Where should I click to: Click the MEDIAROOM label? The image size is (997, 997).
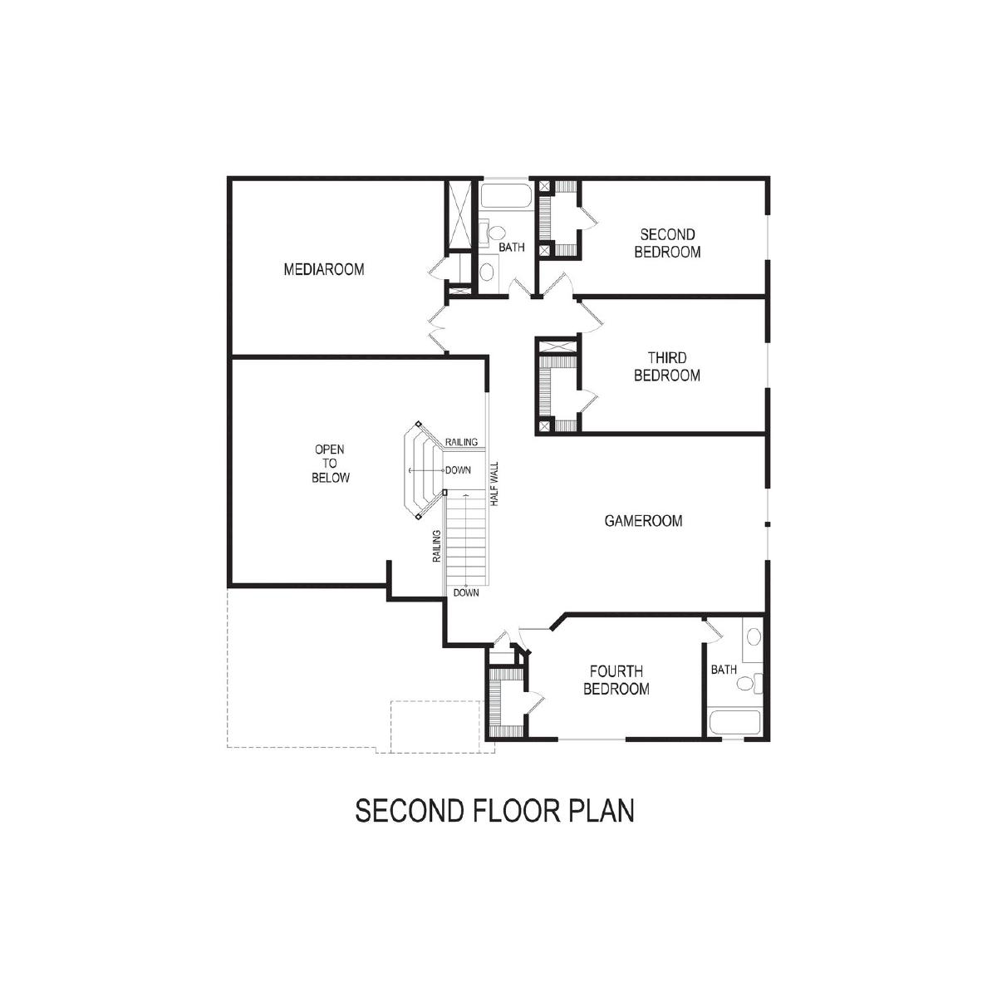pyautogui.click(x=324, y=269)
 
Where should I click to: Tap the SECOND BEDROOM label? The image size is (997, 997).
pyautogui.click(x=667, y=243)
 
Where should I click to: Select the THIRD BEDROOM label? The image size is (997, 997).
pyautogui.click(x=667, y=366)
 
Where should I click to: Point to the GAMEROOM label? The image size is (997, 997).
pyautogui.click(x=643, y=520)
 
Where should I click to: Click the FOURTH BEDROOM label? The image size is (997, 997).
pyautogui.click(x=616, y=680)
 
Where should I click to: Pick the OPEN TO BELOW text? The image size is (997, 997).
pyautogui.click(x=330, y=464)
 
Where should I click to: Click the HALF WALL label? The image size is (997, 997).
pyautogui.click(x=494, y=484)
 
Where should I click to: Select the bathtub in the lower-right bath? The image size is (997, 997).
pyautogui.click(x=734, y=722)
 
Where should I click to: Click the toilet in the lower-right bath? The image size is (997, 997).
pyautogui.click(x=749, y=684)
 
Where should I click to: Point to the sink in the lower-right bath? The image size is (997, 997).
pyautogui.click(x=754, y=636)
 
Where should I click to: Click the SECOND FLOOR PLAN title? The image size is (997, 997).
pyautogui.click(x=494, y=811)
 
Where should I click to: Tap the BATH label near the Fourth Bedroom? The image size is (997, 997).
pyautogui.click(x=724, y=670)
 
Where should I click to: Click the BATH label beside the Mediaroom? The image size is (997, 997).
pyautogui.click(x=512, y=248)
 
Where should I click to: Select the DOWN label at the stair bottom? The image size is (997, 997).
pyautogui.click(x=466, y=593)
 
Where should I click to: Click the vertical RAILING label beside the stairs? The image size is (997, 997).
pyautogui.click(x=437, y=546)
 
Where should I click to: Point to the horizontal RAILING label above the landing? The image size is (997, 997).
pyautogui.click(x=461, y=442)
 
